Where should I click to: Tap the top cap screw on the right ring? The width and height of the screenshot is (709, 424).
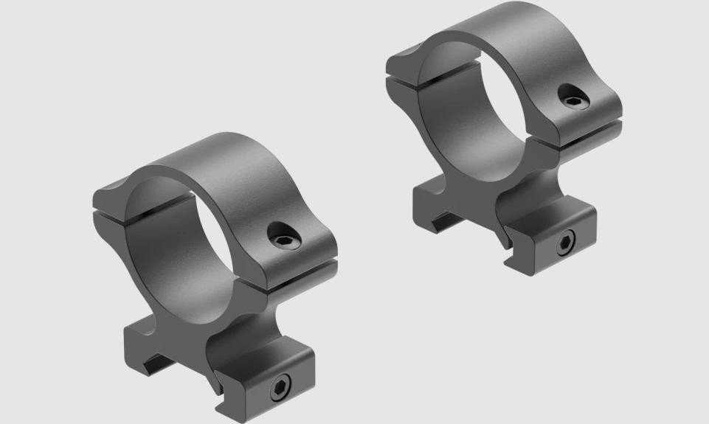[573, 97]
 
